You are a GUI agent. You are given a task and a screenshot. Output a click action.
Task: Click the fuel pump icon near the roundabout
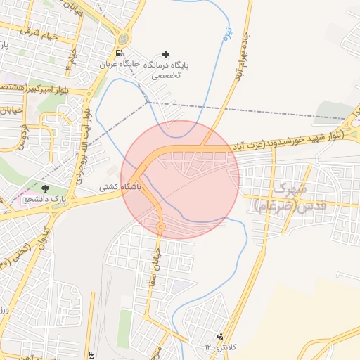(x=119, y=53)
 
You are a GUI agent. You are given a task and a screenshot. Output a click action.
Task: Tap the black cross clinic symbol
(x=166, y=54)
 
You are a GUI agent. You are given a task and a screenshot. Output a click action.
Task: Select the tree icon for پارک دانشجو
(x=46, y=188)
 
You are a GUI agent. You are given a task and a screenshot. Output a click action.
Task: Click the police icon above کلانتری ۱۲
(x=221, y=336)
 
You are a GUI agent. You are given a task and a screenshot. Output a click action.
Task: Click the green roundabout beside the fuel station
(x=124, y=39)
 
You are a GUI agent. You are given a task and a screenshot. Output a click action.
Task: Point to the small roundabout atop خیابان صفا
(x=160, y=227)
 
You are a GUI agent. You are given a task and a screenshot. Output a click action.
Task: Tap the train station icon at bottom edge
(x=91, y=354)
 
